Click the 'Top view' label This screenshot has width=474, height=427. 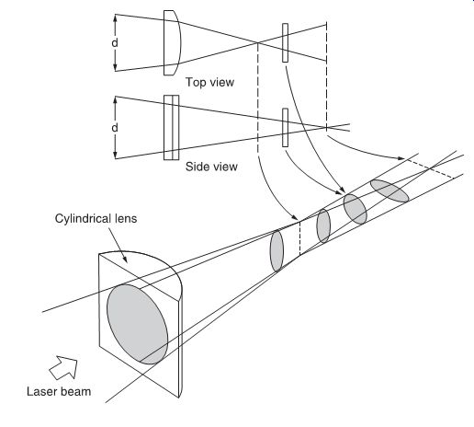click(209, 82)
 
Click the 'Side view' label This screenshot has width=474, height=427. click(211, 167)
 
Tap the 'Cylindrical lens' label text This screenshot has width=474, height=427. click(96, 219)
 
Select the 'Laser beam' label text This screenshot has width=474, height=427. click(59, 392)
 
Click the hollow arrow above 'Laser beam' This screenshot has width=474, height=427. click(63, 367)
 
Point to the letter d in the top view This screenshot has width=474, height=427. click(115, 43)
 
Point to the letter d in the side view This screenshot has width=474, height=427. click(115, 127)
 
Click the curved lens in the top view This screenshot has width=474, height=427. click(172, 42)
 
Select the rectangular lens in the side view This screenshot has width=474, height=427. click(171, 128)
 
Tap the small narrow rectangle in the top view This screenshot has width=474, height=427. click(285, 42)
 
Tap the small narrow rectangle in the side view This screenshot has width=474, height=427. click(285, 128)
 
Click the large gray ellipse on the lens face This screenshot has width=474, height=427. click(137, 324)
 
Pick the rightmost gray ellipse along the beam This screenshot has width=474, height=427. click(389, 190)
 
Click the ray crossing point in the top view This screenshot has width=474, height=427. click(257, 42)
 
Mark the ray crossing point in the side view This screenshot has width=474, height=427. click(326, 127)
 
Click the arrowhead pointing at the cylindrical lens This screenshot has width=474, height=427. click(125, 260)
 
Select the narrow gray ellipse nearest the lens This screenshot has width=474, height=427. click(276, 251)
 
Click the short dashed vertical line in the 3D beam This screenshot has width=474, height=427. click(299, 238)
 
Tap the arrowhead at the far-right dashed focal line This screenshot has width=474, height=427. click(401, 158)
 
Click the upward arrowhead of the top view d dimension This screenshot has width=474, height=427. click(115, 17)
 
